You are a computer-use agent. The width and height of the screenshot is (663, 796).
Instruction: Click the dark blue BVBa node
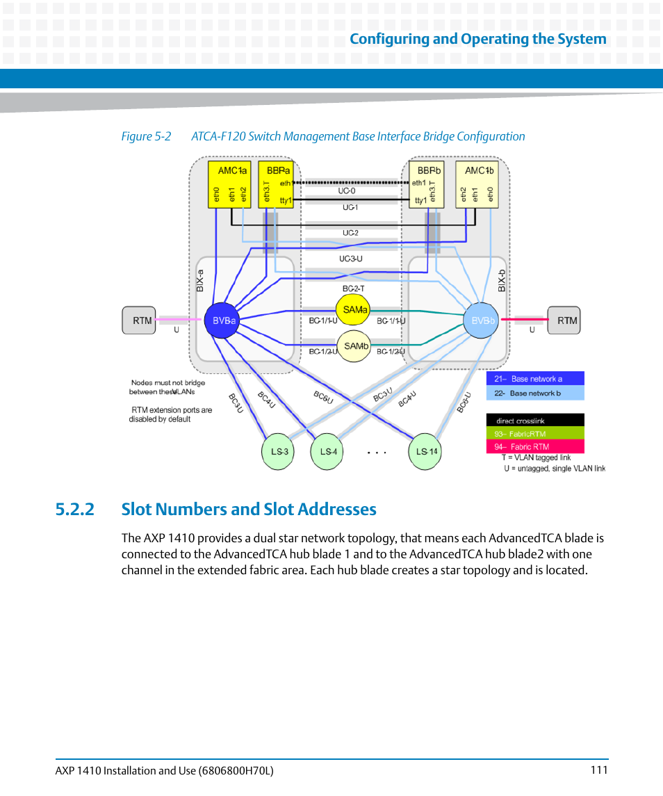pos(221,321)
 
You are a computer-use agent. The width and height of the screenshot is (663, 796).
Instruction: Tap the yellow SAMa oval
pos(353,309)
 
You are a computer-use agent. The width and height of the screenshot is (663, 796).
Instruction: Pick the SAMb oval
pos(353,346)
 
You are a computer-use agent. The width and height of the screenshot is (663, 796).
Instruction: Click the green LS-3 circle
pos(279,451)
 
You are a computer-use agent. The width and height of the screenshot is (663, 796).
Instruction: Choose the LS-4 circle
pos(328,451)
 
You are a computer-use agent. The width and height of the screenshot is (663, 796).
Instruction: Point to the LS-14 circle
pos(426,451)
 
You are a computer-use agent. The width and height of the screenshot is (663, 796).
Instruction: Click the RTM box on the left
pos(142,320)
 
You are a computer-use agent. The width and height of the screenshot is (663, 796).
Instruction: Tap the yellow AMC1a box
pos(230,185)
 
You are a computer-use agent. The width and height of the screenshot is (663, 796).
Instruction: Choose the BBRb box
pos(427,185)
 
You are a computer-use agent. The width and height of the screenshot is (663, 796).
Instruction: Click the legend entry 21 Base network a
pos(535,379)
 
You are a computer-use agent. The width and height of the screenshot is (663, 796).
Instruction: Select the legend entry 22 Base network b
pos(535,393)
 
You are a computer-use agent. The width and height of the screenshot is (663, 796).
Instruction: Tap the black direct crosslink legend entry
pos(535,421)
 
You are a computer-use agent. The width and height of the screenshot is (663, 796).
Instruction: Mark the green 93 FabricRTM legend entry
pos(535,434)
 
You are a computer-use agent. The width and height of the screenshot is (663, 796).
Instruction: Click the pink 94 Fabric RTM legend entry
pos(535,447)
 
